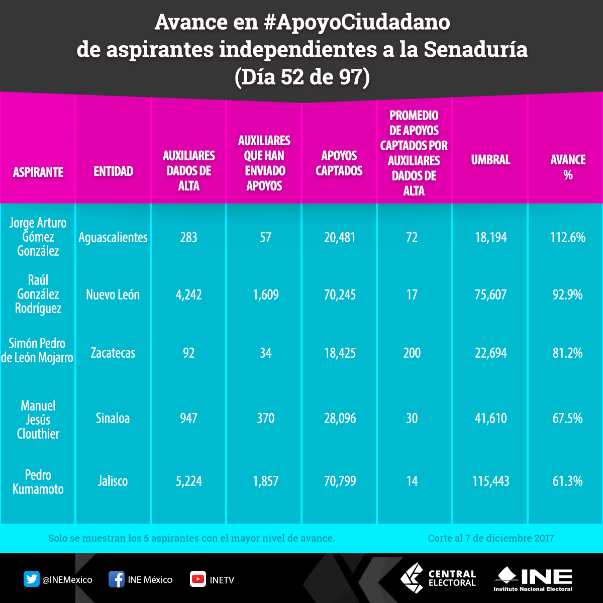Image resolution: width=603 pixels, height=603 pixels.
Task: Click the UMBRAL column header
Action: [x=490, y=160]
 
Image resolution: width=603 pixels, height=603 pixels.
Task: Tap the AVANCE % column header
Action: [x=568, y=167]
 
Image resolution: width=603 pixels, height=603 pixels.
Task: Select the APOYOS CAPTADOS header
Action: [x=339, y=163]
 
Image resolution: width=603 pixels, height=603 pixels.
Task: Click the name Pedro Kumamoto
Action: [x=38, y=482]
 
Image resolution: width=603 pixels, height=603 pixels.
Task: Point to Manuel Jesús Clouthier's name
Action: [x=38, y=420]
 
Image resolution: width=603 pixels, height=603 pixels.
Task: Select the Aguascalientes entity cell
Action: [x=113, y=237]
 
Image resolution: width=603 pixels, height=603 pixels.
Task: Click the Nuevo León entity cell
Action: [x=113, y=294]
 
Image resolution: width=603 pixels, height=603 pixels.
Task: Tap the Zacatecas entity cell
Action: [x=113, y=353]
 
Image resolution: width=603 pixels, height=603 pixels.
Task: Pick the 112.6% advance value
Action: [x=568, y=237]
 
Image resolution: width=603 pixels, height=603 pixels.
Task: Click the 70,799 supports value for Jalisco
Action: [x=340, y=481]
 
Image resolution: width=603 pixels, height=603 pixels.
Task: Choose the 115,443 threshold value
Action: [x=490, y=481]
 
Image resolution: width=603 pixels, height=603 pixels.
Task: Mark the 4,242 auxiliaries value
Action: [x=189, y=294]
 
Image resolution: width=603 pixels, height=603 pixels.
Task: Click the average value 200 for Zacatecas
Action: [x=412, y=353]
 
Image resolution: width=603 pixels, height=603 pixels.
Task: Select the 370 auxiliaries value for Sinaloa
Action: [x=265, y=418]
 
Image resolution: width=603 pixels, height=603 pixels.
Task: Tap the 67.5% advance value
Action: [x=568, y=418]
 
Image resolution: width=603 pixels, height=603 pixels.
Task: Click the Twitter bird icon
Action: [x=32, y=579]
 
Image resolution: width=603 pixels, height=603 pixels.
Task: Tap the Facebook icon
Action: [x=117, y=579]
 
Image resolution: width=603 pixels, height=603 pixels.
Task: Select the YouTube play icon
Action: [x=197, y=579]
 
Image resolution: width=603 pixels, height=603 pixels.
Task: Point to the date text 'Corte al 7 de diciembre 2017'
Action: [x=491, y=538]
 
